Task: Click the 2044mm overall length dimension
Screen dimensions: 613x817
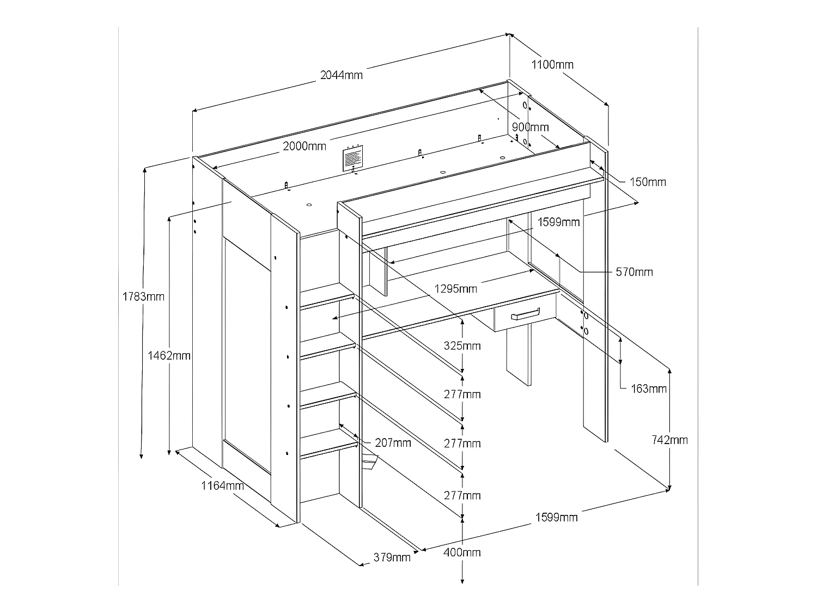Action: tap(341, 75)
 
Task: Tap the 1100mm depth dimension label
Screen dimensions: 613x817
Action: tap(552, 65)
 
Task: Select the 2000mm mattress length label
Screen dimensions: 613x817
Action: tap(304, 146)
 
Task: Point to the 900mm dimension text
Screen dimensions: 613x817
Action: tap(531, 127)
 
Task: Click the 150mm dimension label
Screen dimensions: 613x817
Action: tap(648, 182)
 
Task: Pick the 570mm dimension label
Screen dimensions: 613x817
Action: tap(634, 271)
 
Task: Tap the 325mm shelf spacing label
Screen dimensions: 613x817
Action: tap(462, 345)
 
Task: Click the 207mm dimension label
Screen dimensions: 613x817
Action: tap(393, 442)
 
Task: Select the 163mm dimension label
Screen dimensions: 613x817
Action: tap(649, 389)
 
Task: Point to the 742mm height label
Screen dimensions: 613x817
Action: tap(669, 440)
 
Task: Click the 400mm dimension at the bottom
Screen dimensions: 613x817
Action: tap(462, 553)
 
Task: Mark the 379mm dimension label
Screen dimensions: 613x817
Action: tap(392, 557)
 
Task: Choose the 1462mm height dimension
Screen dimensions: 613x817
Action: tap(169, 356)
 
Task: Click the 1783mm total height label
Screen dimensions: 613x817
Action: tap(143, 297)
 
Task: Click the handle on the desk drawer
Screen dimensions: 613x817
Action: tap(525, 314)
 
